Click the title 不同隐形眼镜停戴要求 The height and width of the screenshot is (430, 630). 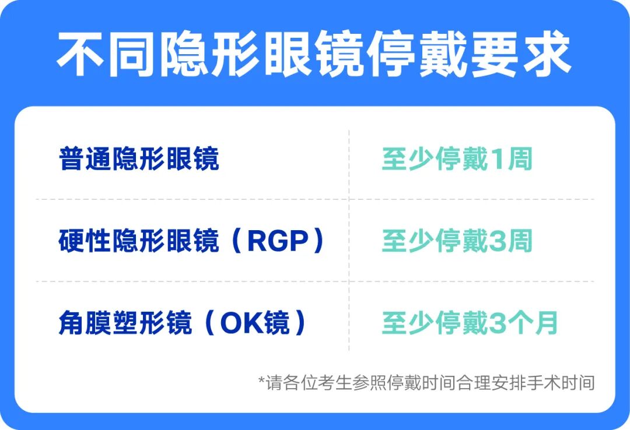coord(314,55)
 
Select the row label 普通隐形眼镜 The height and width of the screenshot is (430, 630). coord(139,159)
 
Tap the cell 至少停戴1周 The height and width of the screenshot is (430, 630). coord(457,159)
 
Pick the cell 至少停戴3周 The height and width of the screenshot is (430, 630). coord(457,241)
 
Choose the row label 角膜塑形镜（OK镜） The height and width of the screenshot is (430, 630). coord(183,323)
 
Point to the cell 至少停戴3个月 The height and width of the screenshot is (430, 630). coord(470,323)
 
